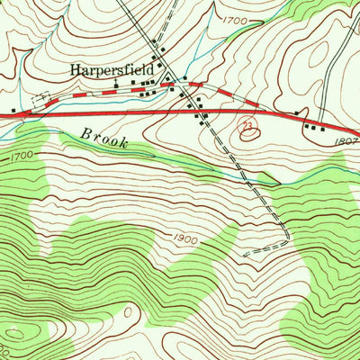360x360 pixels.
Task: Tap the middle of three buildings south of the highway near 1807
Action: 312,128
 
